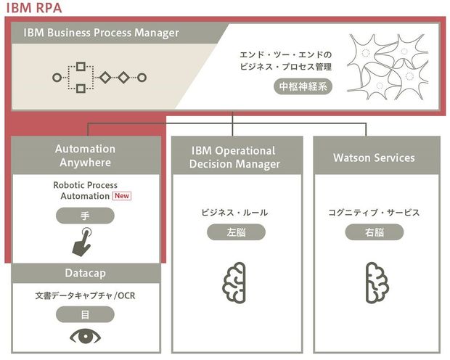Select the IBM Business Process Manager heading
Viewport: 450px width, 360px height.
[101, 33]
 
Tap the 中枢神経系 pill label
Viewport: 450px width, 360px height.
[304, 86]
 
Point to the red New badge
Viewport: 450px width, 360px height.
[121, 196]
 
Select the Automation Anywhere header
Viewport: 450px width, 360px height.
[85, 155]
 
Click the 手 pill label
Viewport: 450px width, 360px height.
[86, 215]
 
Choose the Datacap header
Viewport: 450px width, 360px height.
[85, 273]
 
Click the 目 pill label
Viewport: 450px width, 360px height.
[86, 314]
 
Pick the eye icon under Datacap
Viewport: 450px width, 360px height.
[86, 337]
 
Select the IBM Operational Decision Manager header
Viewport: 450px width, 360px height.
[234, 157]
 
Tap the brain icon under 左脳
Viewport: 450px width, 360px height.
[234, 279]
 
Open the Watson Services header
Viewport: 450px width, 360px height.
[374, 157]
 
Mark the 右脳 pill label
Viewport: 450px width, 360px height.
[374, 232]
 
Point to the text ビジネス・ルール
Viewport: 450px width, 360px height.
[234, 213]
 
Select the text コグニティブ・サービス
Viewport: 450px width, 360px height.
[374, 213]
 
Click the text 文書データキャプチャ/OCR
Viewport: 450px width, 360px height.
[86, 296]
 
